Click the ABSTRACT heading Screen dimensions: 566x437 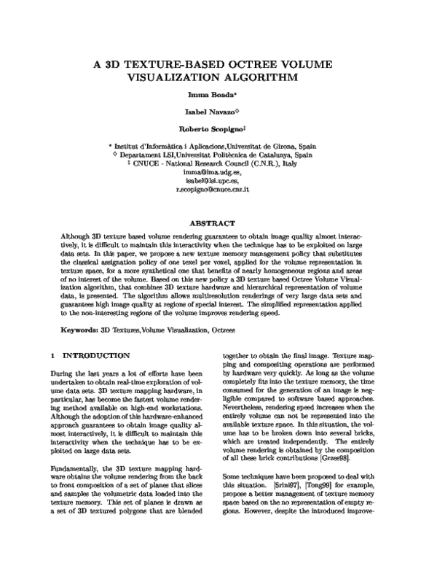219,223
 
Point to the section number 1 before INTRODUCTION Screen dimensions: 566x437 44,355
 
